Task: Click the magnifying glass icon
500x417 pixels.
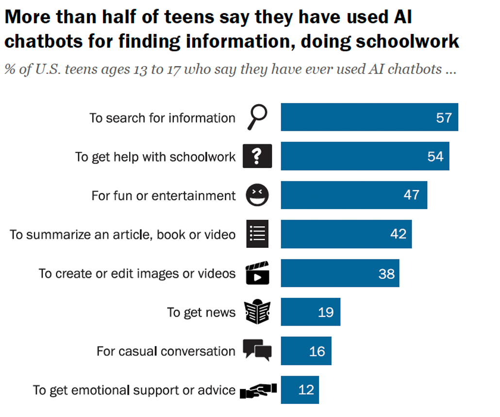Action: click(x=257, y=118)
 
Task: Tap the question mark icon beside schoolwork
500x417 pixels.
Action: click(x=257, y=156)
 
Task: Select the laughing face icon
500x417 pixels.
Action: click(x=257, y=195)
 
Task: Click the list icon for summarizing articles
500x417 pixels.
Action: click(x=257, y=234)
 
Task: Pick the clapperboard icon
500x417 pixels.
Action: click(x=257, y=273)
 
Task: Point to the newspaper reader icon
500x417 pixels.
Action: click(x=257, y=312)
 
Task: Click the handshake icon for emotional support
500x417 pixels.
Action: click(x=258, y=389)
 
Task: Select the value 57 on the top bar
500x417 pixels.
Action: click(x=444, y=118)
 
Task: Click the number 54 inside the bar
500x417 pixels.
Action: click(x=435, y=156)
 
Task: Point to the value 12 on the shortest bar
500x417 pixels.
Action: click(x=306, y=390)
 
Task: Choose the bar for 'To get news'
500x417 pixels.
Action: click(x=310, y=312)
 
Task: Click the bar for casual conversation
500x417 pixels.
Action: click(x=306, y=351)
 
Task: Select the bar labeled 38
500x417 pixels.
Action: click(x=340, y=273)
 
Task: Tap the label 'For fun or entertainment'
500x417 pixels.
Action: click(x=164, y=196)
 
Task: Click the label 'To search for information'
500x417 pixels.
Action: click(x=162, y=118)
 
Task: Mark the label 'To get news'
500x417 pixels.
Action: click(x=201, y=313)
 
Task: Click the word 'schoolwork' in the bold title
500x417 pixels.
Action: click(x=407, y=41)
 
